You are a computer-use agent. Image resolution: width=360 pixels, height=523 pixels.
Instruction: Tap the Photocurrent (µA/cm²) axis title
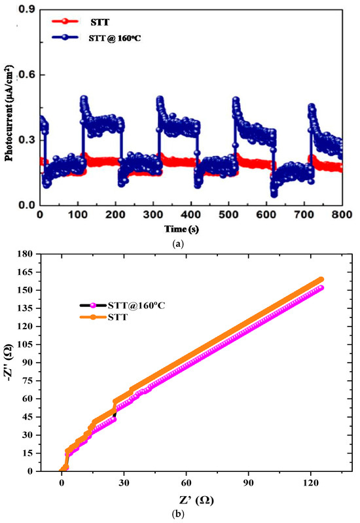point(9,108)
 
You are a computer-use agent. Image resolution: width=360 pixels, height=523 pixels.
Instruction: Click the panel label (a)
point(179,243)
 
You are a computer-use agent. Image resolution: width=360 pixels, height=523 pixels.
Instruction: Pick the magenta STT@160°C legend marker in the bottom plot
point(93,305)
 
